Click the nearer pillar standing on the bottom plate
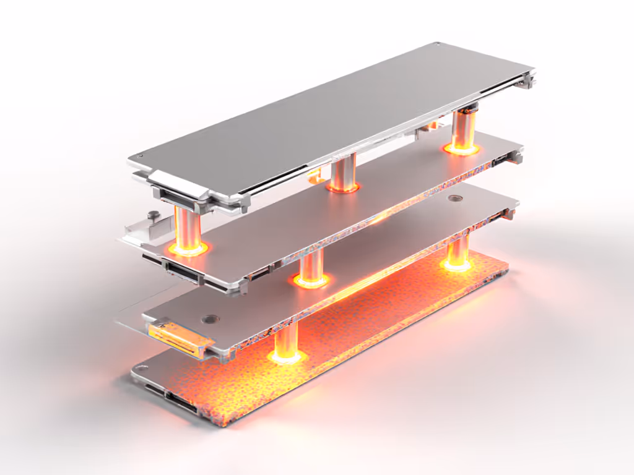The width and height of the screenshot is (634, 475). click(286, 340)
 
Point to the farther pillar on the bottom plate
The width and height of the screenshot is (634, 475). click(458, 250)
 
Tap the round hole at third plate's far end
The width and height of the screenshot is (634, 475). click(456, 199)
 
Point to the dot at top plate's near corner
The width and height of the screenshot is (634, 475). click(140, 157)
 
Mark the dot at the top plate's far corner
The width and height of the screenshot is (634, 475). click(438, 45)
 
